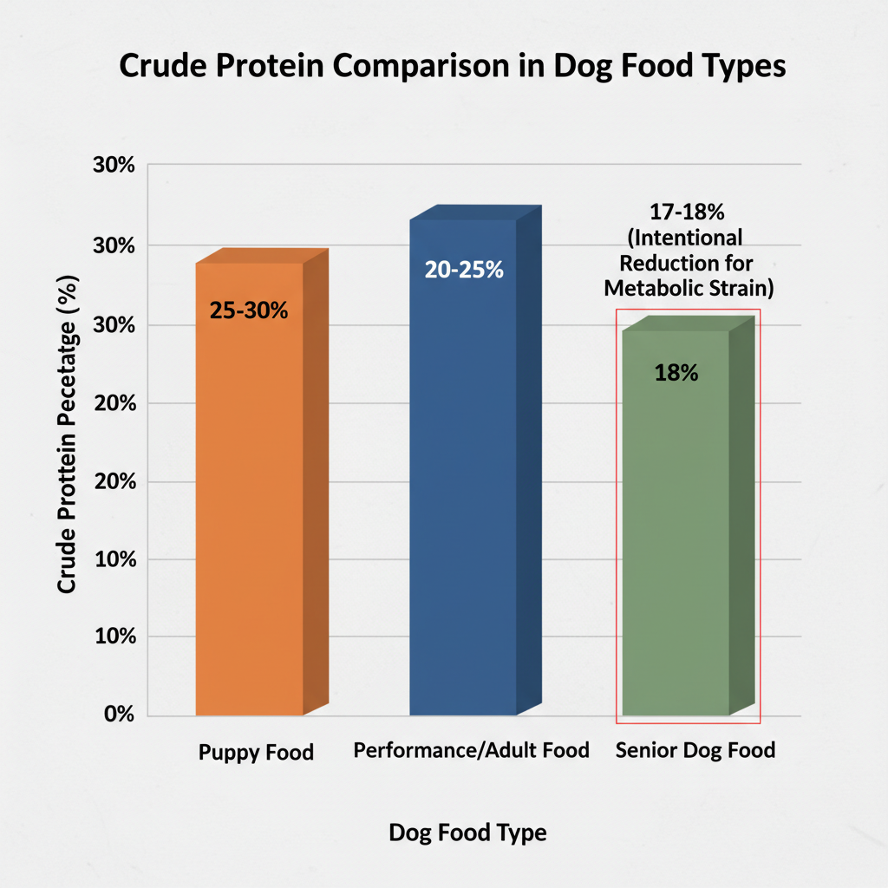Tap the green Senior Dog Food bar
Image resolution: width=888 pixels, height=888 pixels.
click(676, 538)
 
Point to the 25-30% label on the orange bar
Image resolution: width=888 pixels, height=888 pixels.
click(249, 310)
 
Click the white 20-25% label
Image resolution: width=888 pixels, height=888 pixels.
click(464, 270)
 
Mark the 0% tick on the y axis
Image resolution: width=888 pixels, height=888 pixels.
click(118, 715)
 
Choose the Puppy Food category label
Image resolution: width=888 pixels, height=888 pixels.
click(256, 752)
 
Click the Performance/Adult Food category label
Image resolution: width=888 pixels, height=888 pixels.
click(472, 750)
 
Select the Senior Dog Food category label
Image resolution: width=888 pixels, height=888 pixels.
click(695, 750)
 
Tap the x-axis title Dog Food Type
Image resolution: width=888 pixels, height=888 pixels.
click(467, 833)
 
